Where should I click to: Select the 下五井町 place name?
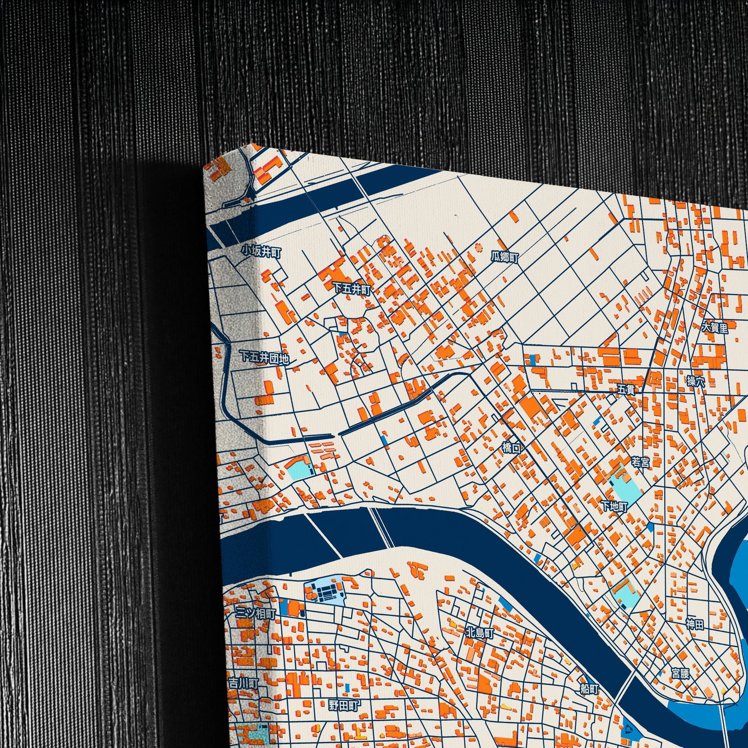(352, 289)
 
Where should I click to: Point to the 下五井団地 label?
(265, 358)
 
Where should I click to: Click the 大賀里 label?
(715, 328)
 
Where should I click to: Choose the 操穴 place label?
(696, 381)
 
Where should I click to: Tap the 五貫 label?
(626, 389)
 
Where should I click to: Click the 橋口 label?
(512, 448)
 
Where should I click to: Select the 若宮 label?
(640, 462)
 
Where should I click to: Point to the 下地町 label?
(614, 506)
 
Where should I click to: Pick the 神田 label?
(695, 624)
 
